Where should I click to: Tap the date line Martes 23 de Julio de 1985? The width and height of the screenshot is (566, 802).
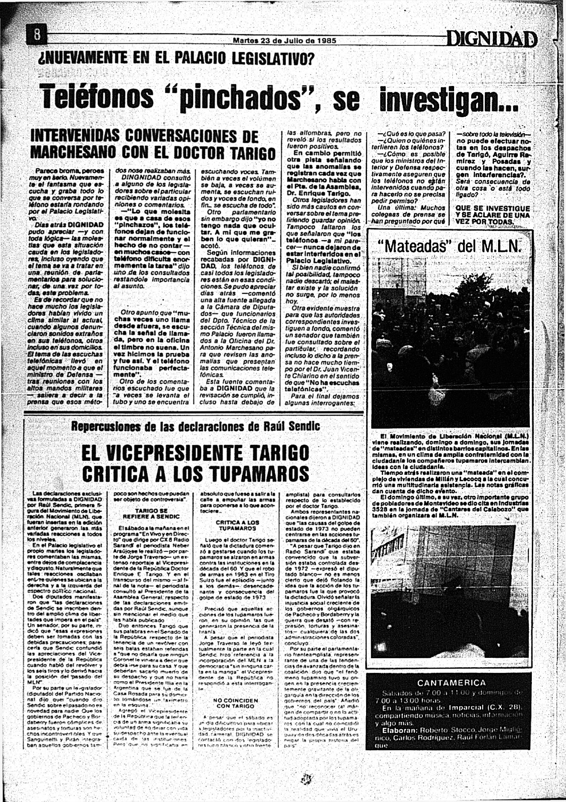[x=284, y=41]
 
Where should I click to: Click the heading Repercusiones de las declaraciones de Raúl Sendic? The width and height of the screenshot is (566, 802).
[x=196, y=426]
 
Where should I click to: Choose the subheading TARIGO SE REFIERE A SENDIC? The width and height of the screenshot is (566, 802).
[x=151, y=514]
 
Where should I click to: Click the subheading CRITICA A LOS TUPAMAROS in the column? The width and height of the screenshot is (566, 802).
[x=238, y=525]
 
